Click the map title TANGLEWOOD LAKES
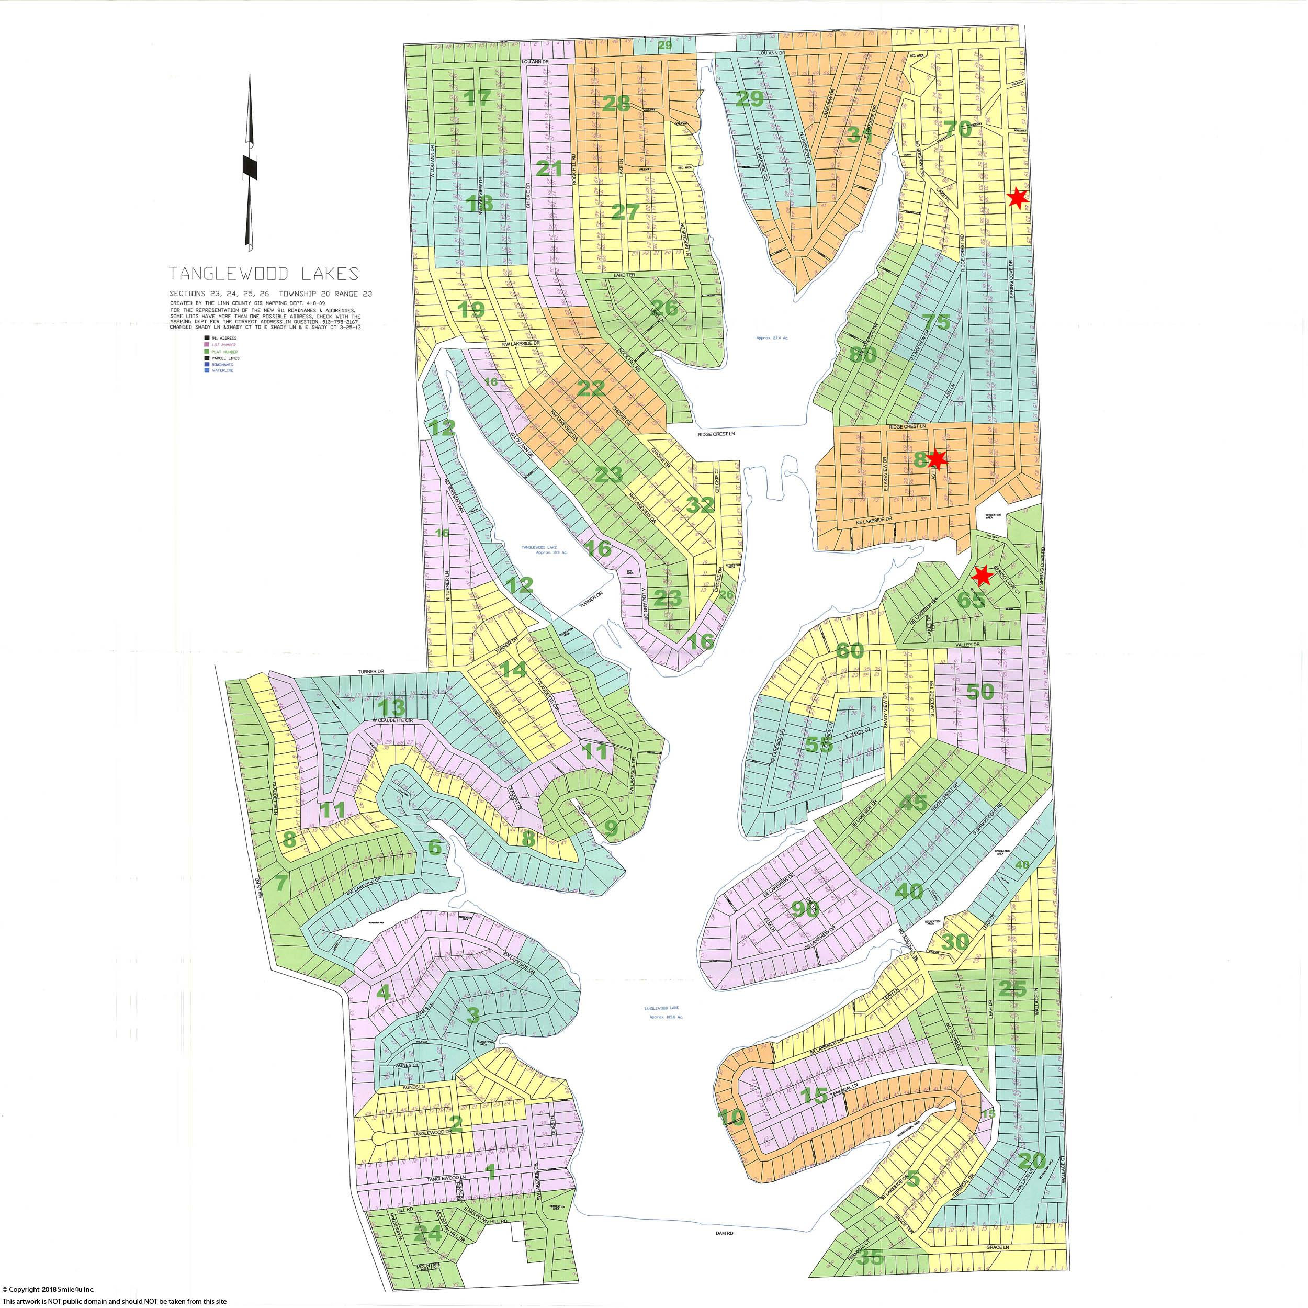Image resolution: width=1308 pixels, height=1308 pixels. (263, 274)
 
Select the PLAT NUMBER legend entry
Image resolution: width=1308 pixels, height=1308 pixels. (225, 352)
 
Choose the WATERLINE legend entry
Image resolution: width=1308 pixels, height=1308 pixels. (223, 370)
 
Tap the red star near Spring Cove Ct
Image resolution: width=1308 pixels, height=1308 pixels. (982, 576)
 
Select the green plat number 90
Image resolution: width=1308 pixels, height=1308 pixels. (805, 910)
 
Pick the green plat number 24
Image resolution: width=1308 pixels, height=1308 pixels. (429, 1234)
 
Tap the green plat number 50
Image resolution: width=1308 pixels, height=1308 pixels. (979, 692)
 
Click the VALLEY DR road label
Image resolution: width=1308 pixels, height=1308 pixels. (967, 645)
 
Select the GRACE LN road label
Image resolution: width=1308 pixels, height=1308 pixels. (997, 1247)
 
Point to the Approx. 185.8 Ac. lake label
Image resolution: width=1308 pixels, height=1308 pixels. (666, 1017)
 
